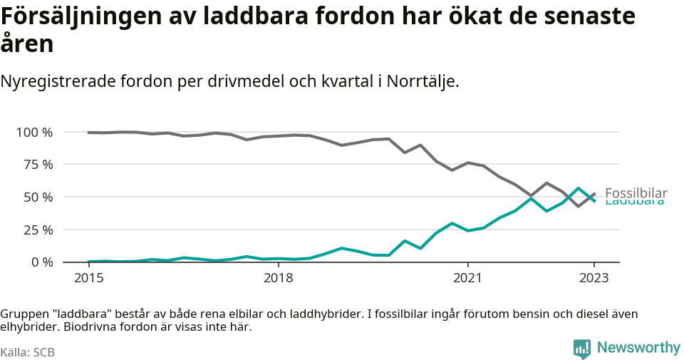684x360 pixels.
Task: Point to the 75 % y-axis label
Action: tap(38, 165)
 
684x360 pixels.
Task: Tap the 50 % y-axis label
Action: tap(38, 197)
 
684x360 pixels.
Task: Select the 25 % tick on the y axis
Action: tap(38, 230)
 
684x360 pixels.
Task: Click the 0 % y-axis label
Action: tap(41, 262)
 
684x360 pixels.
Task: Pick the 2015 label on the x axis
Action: tap(88, 278)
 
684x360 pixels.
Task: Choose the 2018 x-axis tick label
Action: tap(278, 278)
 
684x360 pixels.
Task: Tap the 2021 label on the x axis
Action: tap(467, 278)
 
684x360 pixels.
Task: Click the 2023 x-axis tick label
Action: tap(594, 278)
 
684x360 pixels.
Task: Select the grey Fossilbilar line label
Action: tap(636, 193)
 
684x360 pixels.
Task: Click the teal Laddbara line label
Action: tap(634, 202)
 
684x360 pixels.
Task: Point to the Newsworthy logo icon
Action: tap(581, 349)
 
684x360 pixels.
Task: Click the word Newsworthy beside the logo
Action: tap(638, 348)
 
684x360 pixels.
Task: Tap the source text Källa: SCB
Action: tap(28, 352)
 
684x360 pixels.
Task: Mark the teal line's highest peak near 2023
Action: tap(579, 188)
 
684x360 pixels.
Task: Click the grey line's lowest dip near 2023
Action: tap(579, 206)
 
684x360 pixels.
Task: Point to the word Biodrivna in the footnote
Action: tap(89, 327)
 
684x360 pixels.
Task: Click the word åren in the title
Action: tap(27, 44)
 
